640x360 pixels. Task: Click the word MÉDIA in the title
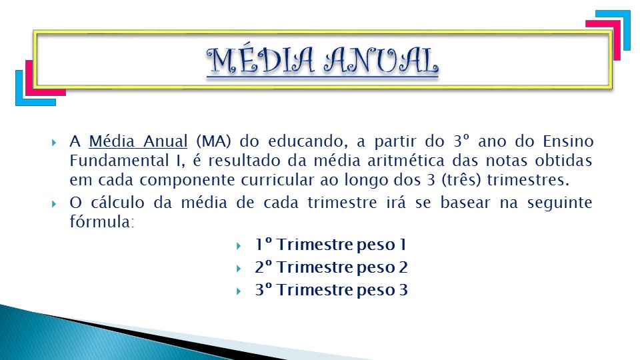point(261,61)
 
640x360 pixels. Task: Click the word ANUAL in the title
point(381,61)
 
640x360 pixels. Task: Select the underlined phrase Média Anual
point(138,141)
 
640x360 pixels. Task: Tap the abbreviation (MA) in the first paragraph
point(213,141)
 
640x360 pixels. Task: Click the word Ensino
point(568,141)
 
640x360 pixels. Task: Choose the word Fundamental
point(119,161)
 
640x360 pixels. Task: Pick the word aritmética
point(406,161)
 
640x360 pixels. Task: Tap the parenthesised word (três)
point(461,180)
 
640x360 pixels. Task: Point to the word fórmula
point(102,221)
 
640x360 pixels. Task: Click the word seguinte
point(559,203)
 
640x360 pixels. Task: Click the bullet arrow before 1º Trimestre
point(239,246)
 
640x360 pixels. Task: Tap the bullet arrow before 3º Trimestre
point(239,291)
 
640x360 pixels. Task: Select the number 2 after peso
point(403,267)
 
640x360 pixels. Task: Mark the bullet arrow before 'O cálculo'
point(54,203)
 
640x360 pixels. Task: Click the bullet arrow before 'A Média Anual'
point(54,143)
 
